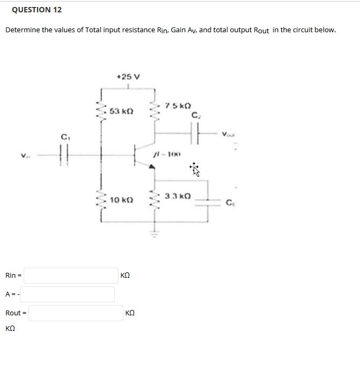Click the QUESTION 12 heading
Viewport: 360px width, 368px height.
[x=36, y=10]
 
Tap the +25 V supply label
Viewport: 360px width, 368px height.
[x=128, y=77]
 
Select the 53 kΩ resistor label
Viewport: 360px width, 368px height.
[x=121, y=111]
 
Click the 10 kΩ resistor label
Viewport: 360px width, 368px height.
[x=121, y=200]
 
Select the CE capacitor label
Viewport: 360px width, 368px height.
[x=230, y=203]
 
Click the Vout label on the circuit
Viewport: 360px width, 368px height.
[x=229, y=134]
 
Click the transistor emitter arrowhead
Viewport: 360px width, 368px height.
[x=152, y=168]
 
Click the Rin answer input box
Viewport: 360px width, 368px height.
[x=71, y=276]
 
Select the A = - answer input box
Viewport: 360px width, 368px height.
[x=68, y=294]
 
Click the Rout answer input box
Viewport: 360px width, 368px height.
[x=76, y=313]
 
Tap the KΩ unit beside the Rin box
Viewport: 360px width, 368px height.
[x=126, y=276]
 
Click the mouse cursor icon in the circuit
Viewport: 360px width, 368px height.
[x=195, y=170]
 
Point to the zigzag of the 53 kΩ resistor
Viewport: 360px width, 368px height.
[x=100, y=112]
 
